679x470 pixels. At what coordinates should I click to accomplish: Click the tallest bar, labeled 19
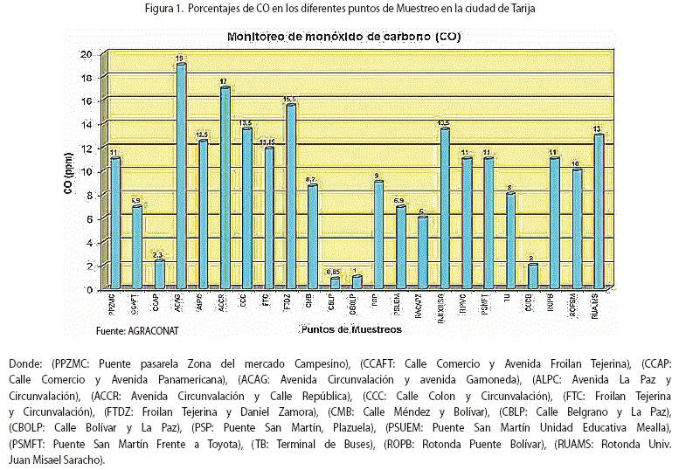click(x=180, y=176)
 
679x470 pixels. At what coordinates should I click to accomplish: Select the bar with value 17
click(x=225, y=188)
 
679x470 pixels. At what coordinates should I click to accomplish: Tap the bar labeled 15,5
click(x=290, y=197)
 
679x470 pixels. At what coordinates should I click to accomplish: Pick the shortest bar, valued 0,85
click(x=335, y=282)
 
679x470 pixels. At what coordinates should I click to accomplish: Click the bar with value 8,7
click(x=312, y=236)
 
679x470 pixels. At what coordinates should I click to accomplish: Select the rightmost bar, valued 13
click(x=598, y=211)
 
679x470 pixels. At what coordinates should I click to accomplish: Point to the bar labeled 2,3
click(x=158, y=273)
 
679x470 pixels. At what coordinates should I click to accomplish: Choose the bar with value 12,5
click(x=202, y=214)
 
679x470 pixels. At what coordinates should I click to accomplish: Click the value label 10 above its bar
click(x=575, y=162)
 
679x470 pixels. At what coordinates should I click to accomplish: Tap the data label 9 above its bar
click(x=378, y=175)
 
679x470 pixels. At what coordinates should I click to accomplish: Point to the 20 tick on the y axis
click(x=85, y=53)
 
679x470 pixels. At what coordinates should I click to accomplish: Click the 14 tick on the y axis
click(x=85, y=124)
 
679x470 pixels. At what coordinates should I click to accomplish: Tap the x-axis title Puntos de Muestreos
click(x=350, y=329)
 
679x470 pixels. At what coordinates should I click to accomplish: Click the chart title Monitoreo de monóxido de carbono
click(x=345, y=37)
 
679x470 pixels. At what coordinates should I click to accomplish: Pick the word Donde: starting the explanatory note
click(x=26, y=363)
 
